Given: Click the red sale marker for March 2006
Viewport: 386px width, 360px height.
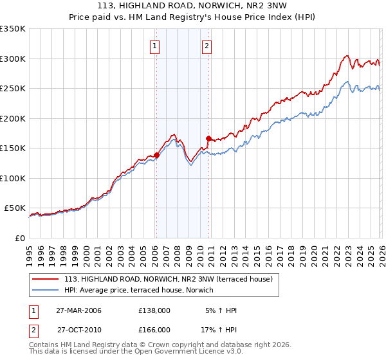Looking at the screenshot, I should (156, 155).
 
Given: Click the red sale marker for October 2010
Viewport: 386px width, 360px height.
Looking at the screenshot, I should (208, 138).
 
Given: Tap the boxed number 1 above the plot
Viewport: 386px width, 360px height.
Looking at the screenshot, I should (156, 46).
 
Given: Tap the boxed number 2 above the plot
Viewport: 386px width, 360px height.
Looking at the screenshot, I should (207, 46).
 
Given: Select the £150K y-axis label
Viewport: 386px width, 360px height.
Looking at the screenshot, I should (13, 148).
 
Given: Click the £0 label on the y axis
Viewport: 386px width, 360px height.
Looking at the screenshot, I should (19, 238).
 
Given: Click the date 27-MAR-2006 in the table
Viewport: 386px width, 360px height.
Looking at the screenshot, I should (79, 310).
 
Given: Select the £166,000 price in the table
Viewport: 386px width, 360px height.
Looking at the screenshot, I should (154, 329).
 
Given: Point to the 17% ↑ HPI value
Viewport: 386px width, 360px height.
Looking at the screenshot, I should (219, 329).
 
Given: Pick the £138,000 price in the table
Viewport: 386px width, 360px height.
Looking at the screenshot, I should (154, 310).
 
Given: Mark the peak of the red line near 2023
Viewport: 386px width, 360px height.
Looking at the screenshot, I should (347, 56).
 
